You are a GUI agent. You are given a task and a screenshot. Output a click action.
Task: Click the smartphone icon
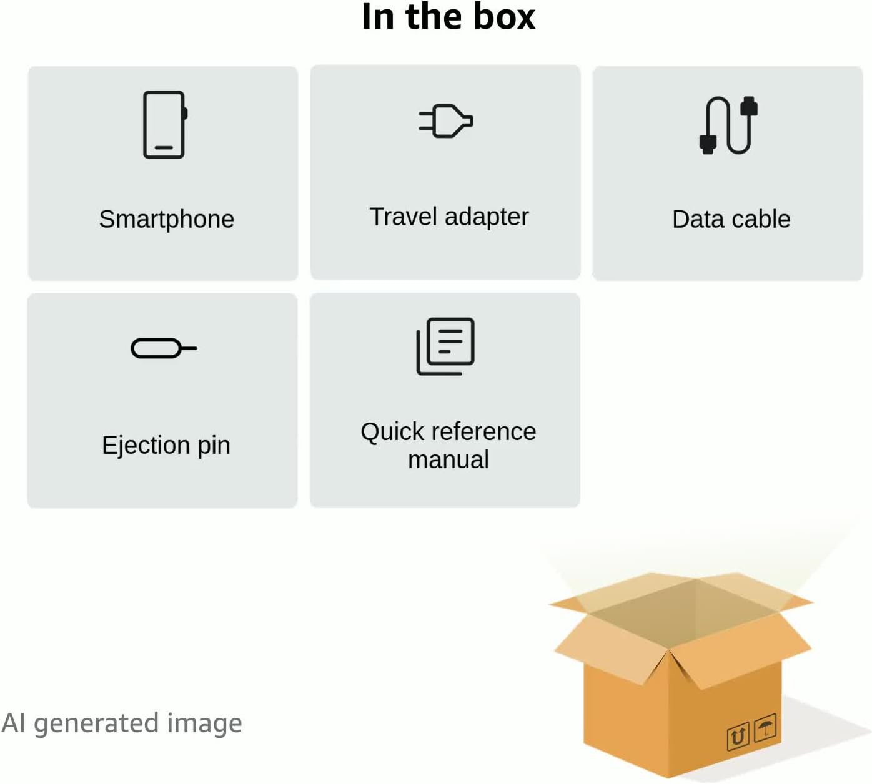pyautogui.click(x=165, y=125)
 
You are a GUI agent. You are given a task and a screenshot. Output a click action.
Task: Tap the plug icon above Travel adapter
pyautogui.click(x=446, y=121)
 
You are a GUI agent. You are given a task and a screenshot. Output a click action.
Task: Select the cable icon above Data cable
pyautogui.click(x=728, y=125)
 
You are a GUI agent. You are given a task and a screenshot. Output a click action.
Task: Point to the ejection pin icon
pyautogui.click(x=164, y=348)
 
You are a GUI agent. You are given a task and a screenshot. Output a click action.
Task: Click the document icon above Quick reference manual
pyautogui.click(x=445, y=346)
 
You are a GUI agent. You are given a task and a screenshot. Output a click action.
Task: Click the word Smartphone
pyautogui.click(x=167, y=220)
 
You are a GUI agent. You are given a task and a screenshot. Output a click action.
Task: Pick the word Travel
pyautogui.click(x=404, y=217)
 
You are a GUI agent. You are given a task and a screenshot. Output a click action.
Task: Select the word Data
pyautogui.click(x=697, y=220)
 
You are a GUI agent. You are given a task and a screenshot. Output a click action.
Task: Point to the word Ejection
pyautogui.click(x=146, y=446)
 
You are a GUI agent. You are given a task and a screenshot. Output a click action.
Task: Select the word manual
pyautogui.click(x=448, y=460)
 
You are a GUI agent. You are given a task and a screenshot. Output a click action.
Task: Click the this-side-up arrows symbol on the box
pyautogui.click(x=738, y=737)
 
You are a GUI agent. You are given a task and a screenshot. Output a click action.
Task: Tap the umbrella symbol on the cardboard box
pyautogui.click(x=765, y=727)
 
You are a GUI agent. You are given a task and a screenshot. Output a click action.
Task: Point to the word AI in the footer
pyautogui.click(x=14, y=723)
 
